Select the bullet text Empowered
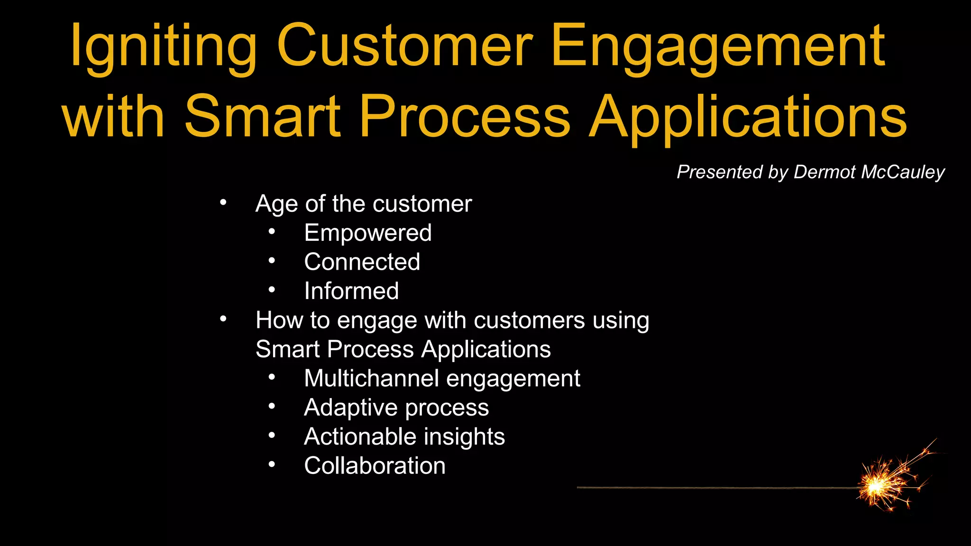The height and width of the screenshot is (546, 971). click(367, 233)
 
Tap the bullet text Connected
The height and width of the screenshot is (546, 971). click(362, 262)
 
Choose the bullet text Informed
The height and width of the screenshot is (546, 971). click(351, 291)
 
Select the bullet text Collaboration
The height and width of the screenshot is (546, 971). click(375, 466)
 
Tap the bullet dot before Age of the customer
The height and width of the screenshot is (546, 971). click(223, 203)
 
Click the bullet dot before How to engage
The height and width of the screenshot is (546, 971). click(223, 319)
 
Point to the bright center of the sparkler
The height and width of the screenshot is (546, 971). click(876, 486)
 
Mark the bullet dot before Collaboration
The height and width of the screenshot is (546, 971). click(271, 464)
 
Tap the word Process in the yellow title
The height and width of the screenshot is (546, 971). click(465, 116)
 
